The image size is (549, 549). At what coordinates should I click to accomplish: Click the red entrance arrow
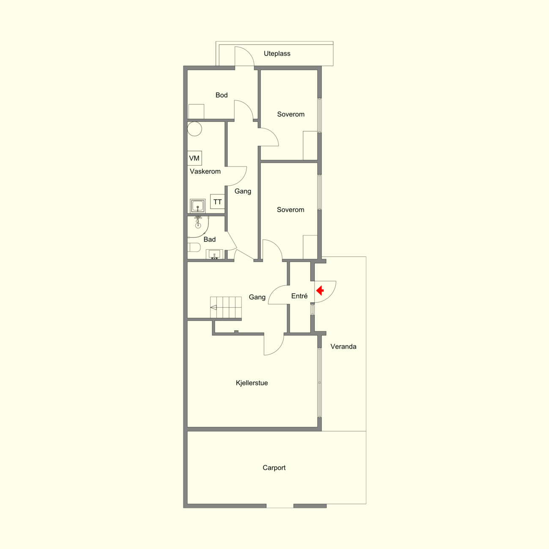pos(320,291)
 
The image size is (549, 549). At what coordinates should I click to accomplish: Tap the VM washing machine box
pos(194,158)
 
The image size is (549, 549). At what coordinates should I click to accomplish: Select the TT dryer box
pos(217,202)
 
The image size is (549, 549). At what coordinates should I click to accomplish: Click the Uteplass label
pos(277,54)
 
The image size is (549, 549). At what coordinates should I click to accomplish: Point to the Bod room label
pos(221,95)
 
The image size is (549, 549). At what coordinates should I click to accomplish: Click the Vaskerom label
pos(205,172)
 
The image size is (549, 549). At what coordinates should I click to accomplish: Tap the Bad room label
pos(209,240)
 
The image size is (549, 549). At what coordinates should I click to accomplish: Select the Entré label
pos(299,296)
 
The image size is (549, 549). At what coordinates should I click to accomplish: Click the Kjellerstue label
pos(252,383)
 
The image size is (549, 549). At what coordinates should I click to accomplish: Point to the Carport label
pos(274,467)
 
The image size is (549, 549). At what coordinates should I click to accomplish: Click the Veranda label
pos(343,347)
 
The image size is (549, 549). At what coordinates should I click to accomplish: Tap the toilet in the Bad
pos(194,247)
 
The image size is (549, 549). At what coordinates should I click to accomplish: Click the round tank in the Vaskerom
pos(194,129)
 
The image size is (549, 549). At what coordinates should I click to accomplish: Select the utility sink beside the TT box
pos(198,206)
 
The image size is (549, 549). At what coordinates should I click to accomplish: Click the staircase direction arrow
pos(213,308)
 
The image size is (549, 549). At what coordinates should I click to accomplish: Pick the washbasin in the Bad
pos(214,254)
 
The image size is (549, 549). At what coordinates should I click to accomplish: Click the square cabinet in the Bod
pos(196,112)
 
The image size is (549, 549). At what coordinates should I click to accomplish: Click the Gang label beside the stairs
pos(257,297)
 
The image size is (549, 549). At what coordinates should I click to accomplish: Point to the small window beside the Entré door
pos(312,310)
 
